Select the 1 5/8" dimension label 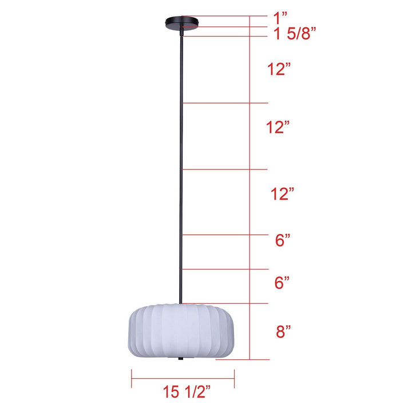(295, 33)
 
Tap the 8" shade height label (283, 331)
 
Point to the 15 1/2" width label (187, 392)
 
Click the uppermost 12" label (279, 69)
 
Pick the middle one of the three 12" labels (278, 127)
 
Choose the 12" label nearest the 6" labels (282, 194)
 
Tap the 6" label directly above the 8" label (282, 283)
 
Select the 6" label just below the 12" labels (283, 240)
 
